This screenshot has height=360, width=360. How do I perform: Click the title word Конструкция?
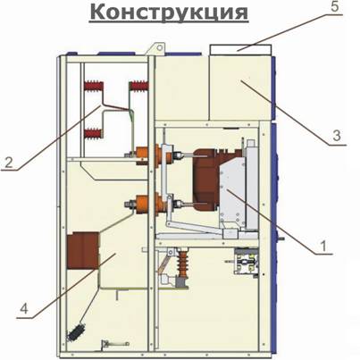pos(169,13)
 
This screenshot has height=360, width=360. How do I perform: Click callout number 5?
pos(335,6)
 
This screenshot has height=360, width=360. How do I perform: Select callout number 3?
pos(337,136)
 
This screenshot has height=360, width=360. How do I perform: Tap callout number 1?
pos(322,246)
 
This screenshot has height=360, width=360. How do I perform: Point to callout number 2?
pos(9,163)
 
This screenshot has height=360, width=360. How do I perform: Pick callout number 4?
pos(24,308)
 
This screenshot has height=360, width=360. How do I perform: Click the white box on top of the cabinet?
pos(240,50)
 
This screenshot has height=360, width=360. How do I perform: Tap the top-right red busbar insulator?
pos(138,86)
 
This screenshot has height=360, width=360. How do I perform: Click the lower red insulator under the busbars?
pos(93,133)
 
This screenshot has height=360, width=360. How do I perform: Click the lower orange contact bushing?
pos(152,203)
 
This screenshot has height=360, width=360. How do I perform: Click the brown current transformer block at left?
pos(83,251)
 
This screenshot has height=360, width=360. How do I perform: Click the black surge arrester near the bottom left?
pos(77,331)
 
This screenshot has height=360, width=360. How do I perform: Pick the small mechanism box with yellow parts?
pos(246,262)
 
